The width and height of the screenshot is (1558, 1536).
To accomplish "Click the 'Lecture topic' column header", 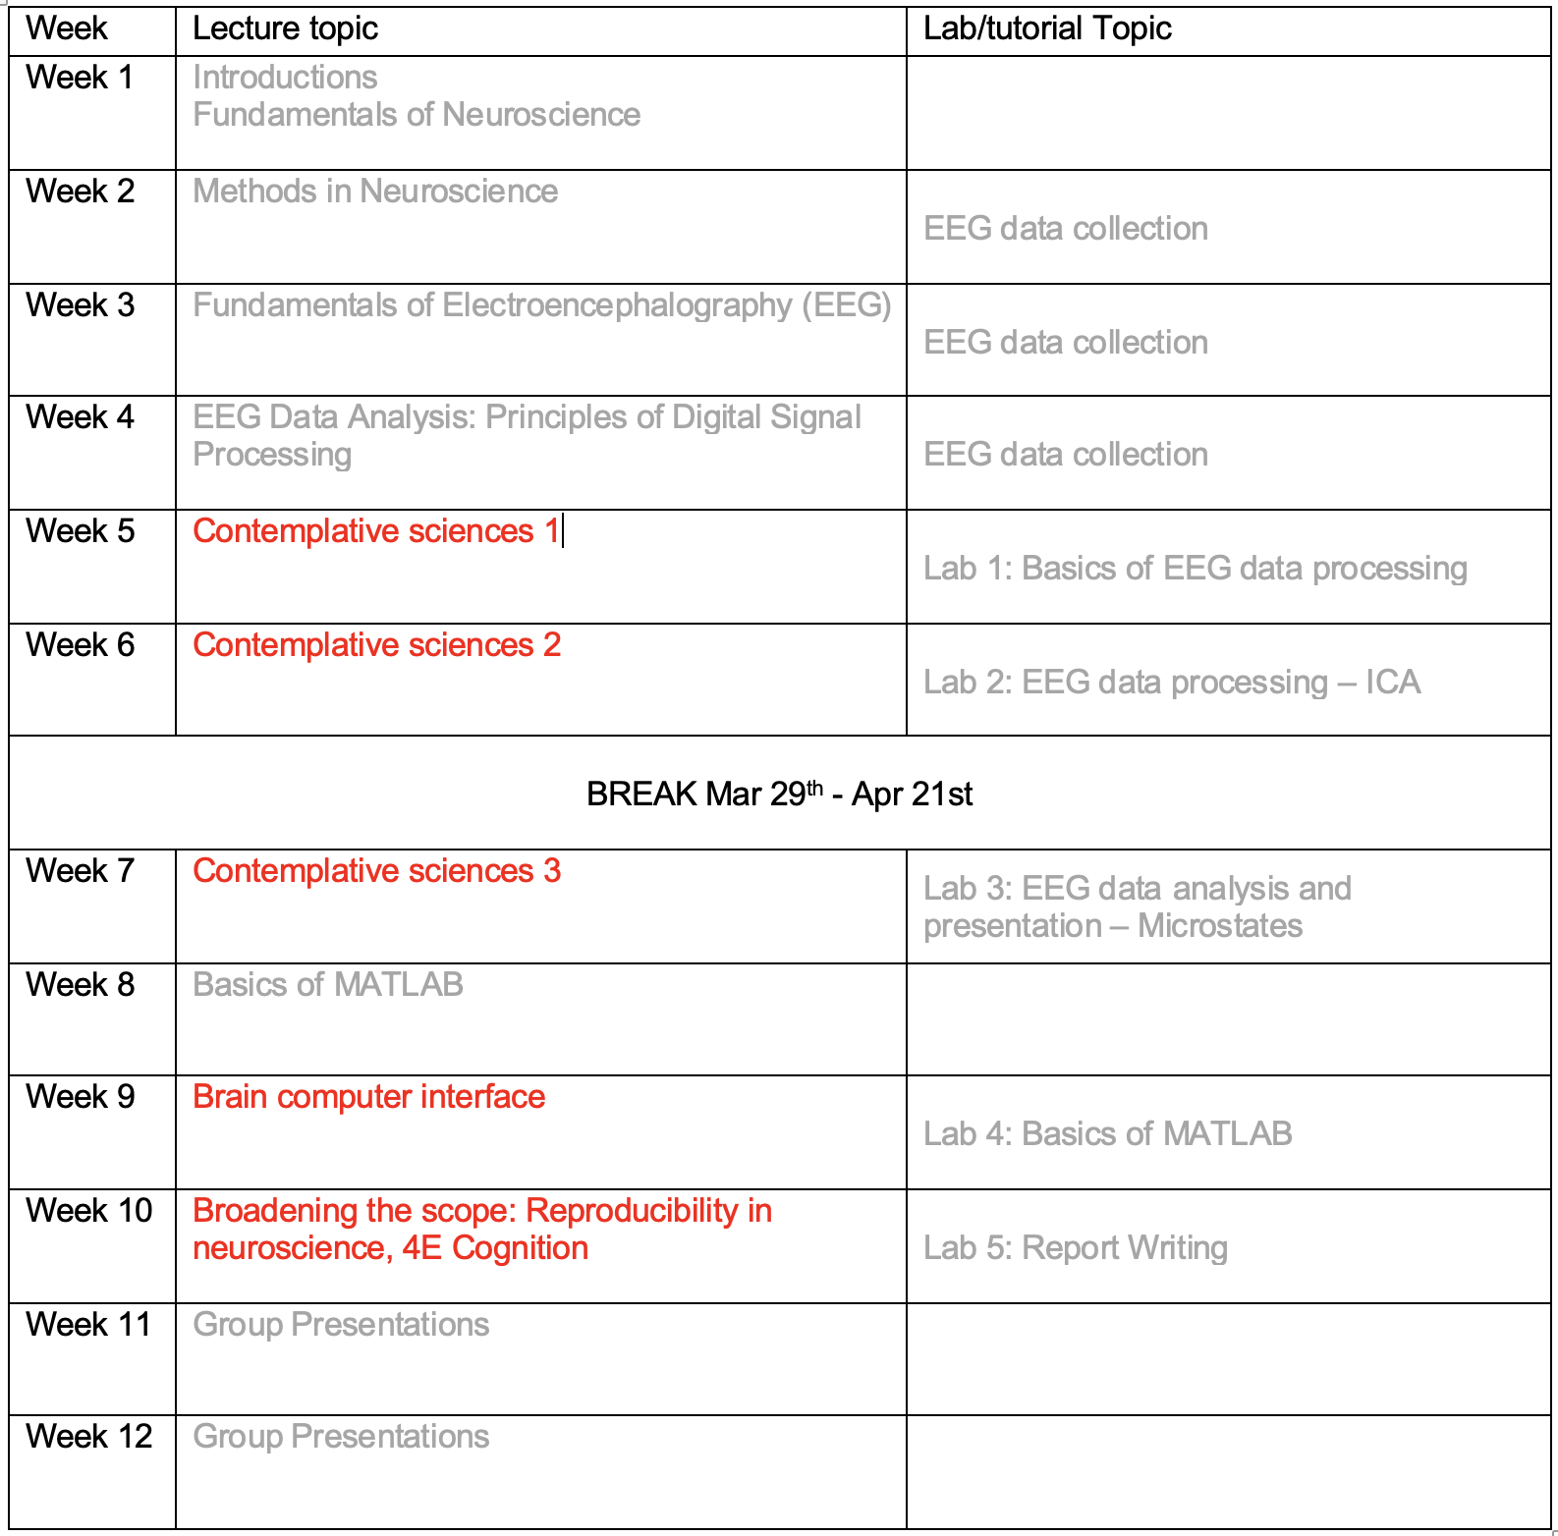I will click(285, 29).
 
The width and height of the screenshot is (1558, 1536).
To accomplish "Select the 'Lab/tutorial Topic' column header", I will click(1046, 29).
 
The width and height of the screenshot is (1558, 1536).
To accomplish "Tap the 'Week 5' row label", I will click(80, 531).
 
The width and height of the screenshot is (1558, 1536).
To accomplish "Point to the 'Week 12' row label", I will click(88, 1437).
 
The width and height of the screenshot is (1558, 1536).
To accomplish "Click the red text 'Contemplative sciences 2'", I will click(376, 645).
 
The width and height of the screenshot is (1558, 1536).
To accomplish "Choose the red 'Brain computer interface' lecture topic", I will click(368, 1097).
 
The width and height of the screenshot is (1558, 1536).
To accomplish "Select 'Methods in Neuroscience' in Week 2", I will click(375, 192).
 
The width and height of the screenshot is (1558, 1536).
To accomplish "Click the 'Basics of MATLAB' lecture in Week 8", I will click(328, 985).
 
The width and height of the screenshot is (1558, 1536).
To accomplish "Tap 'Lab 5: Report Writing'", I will click(1075, 1248).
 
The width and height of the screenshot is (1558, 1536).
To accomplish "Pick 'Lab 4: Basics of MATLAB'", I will click(1107, 1134).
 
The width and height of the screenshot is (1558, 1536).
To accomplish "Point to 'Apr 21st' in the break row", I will click(912, 794).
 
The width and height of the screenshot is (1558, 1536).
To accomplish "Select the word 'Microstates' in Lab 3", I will click(1219, 926).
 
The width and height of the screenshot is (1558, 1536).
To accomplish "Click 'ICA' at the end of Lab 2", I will click(1392, 683).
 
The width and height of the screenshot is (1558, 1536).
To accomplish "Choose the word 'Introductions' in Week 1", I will click(285, 78).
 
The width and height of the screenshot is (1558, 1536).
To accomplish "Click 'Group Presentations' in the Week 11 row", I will click(341, 1325).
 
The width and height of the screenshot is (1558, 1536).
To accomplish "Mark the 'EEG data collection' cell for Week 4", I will click(1065, 455).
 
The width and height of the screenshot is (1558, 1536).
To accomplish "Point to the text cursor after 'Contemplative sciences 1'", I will click(563, 531).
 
